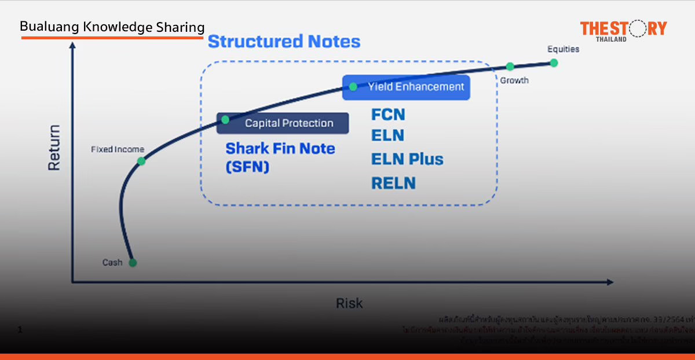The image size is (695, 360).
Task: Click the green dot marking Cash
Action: pyautogui.click(x=133, y=263)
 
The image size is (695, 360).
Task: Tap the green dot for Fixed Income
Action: pyautogui.click(x=141, y=161)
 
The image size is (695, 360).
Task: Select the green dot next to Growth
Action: pyautogui.click(x=510, y=67)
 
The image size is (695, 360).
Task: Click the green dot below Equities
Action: pyautogui.click(x=554, y=63)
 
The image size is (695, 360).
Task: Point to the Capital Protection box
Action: pyautogui.click(x=283, y=123)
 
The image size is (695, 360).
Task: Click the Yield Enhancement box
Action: pyautogui.click(x=406, y=87)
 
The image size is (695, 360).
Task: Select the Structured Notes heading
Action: pyautogui.click(x=284, y=42)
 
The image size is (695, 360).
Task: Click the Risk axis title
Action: pyautogui.click(x=349, y=303)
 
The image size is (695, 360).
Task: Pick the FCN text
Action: pyautogui.click(x=388, y=115)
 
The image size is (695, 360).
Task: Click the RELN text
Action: pyautogui.click(x=394, y=183)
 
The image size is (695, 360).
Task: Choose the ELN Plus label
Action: pyautogui.click(x=407, y=159)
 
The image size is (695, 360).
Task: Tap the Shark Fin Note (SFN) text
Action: pyautogui.click(x=280, y=157)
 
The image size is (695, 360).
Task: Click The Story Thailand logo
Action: pyautogui.click(x=623, y=30)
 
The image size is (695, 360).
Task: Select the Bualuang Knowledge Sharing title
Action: pyautogui.click(x=112, y=27)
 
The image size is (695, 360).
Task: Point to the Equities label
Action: pyautogui.click(x=563, y=49)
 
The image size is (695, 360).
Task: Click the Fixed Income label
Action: pyautogui.click(x=118, y=149)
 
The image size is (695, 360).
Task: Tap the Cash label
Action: pyautogui.click(x=112, y=263)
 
